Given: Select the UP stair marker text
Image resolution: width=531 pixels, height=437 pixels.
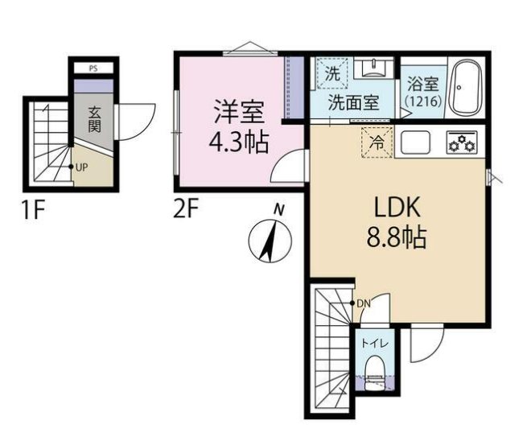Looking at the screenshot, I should click(81, 168).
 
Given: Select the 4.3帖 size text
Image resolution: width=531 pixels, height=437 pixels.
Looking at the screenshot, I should click(239, 143).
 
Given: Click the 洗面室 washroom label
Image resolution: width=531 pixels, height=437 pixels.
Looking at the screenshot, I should click(352, 102).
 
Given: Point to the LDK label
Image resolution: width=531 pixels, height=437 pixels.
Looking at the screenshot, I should click(396, 207).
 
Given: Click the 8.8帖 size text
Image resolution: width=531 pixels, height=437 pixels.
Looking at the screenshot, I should click(396, 238).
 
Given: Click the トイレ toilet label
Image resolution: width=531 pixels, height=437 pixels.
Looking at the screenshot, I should click(375, 344).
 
